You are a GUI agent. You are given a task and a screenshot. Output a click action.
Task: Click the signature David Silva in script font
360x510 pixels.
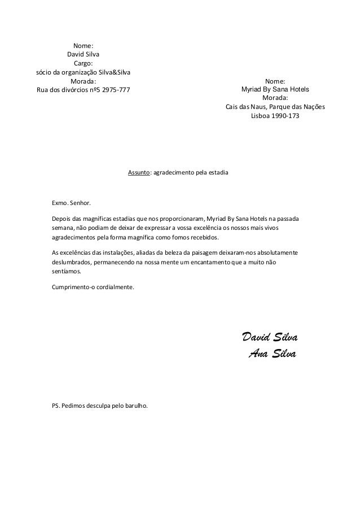pos(269,338)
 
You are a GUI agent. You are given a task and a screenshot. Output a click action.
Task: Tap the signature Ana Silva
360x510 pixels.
pos(272,354)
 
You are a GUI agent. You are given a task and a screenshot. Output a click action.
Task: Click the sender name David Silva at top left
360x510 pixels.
pos(84,55)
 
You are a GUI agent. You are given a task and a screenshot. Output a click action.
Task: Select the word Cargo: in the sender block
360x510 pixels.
pos(84,64)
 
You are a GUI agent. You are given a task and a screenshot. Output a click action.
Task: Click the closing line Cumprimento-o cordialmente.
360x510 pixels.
pos(93,287)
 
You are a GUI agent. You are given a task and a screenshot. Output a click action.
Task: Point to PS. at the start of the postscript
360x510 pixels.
pos(55,406)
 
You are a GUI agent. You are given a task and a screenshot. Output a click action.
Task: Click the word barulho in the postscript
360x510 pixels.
pos(135,406)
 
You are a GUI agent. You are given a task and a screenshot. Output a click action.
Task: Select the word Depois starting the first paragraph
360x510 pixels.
pos(62,218)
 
